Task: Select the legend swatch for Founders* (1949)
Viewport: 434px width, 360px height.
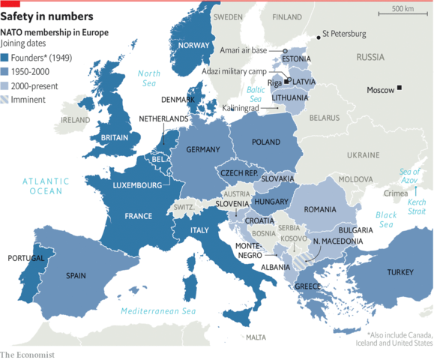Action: click(5, 57)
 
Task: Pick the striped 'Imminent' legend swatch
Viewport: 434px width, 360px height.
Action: click(5, 99)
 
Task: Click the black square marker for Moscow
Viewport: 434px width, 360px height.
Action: click(400, 89)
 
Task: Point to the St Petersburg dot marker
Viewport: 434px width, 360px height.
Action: click(317, 35)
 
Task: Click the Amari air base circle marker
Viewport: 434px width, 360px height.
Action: click(285, 49)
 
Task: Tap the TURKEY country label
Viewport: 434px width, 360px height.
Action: click(401, 272)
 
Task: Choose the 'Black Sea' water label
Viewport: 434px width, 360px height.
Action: click(386, 219)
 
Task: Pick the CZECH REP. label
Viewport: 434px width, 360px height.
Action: click(239, 173)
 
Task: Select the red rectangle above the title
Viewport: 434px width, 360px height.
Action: click(10, 3)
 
